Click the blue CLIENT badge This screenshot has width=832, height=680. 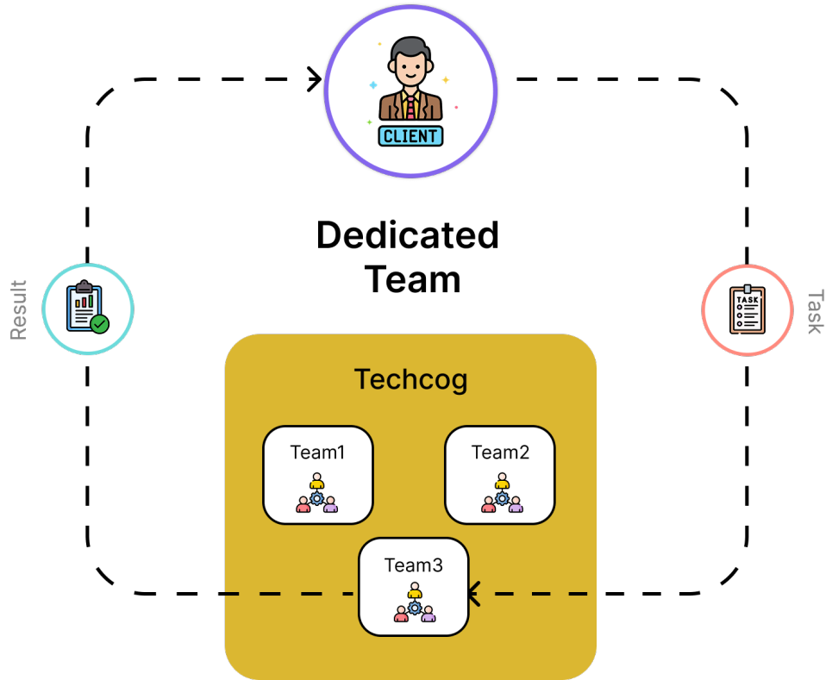pyautogui.click(x=411, y=135)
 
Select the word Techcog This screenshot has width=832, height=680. pyautogui.click(x=411, y=379)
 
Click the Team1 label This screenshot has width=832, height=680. pyautogui.click(x=317, y=452)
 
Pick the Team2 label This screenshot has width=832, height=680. pyautogui.click(x=500, y=452)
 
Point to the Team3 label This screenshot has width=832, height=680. pyautogui.click(x=413, y=565)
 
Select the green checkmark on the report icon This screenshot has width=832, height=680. pyautogui.click(x=100, y=324)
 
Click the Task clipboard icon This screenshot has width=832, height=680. pyautogui.click(x=747, y=310)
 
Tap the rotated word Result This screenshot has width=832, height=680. pyautogui.click(x=18, y=309)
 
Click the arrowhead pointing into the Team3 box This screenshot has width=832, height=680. pyautogui.click(x=473, y=593)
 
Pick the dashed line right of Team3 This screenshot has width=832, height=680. pyautogui.click(x=535, y=594)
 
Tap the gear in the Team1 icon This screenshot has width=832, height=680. pyautogui.click(x=317, y=498)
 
